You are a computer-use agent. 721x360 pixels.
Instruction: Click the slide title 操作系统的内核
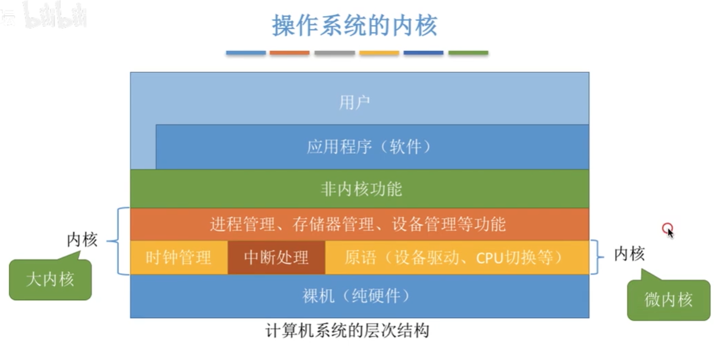point(354,25)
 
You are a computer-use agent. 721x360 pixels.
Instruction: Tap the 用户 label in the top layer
point(354,102)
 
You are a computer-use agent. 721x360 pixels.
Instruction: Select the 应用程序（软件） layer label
point(369,147)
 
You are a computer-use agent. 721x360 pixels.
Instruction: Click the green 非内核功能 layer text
point(361,189)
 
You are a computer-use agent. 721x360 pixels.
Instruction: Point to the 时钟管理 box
point(178,257)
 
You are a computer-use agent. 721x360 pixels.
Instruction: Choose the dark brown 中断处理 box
point(276,257)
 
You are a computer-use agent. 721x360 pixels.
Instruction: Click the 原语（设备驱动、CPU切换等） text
point(453,257)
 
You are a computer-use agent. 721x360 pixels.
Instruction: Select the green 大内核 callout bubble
point(50,280)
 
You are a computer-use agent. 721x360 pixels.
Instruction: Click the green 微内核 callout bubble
point(668,299)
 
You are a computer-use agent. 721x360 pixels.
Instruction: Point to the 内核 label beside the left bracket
point(82,240)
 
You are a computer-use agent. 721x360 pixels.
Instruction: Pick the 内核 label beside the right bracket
point(629,254)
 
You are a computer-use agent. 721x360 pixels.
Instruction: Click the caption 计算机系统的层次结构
point(347,331)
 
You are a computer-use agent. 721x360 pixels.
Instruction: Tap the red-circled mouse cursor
point(668,229)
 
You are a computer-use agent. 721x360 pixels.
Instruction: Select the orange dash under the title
point(290,53)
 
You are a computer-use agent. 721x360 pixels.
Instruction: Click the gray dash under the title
point(335,53)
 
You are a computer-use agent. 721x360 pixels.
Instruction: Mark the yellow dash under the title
point(379,53)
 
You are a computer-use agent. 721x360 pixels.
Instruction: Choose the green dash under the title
point(468,53)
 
